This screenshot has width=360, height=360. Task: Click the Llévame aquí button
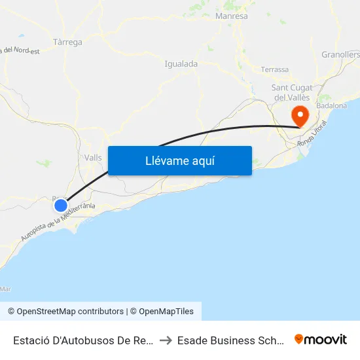click(179, 160)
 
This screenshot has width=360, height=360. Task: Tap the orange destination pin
click(300, 117)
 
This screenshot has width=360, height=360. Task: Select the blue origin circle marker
click(61, 206)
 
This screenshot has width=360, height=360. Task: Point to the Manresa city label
click(231, 16)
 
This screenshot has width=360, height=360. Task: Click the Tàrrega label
click(67, 42)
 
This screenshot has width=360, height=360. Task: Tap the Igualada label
click(181, 64)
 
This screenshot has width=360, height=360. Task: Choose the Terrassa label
click(274, 69)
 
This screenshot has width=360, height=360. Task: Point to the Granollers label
click(340, 55)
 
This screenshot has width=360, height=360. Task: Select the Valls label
click(93, 158)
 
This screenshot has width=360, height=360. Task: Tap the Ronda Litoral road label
click(312, 138)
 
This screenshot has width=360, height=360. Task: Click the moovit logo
click(321, 339)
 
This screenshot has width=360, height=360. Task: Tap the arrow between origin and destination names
click(166, 340)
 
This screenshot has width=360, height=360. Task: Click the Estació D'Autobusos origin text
click(84, 340)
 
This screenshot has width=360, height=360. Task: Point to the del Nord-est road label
click(20, 50)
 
